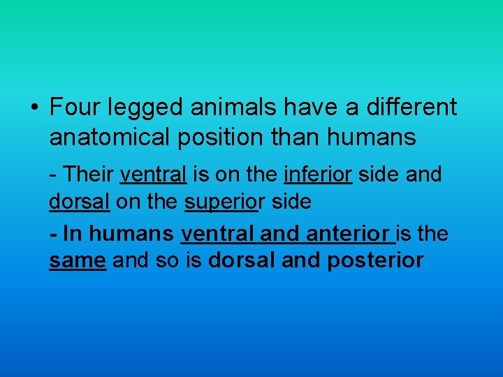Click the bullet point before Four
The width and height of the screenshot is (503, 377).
coord(34,109)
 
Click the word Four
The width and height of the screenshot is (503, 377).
coord(75,108)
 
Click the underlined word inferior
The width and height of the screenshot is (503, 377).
coord(319,174)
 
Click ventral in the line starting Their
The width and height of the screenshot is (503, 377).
coord(153,174)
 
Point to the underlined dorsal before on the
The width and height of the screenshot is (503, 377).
coord(80,202)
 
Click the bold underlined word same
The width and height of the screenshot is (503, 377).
coord(78,261)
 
